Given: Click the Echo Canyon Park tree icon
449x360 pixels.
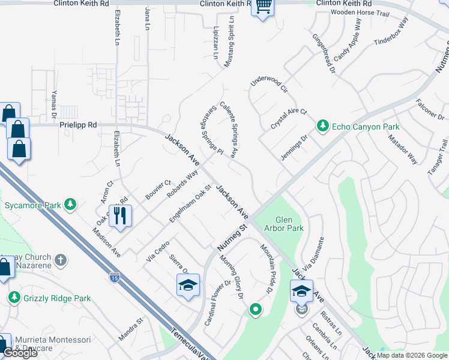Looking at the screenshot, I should (x=323, y=126).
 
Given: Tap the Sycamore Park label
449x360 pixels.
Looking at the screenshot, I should (x=32, y=205).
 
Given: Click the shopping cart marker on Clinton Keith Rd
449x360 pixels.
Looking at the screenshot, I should (x=263, y=7).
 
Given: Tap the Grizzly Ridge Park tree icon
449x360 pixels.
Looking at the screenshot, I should (x=14, y=298).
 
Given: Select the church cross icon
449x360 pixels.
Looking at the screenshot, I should (x=59, y=260).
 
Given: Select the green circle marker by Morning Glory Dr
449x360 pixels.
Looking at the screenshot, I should (x=256, y=310).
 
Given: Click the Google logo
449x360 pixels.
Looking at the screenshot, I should (x=20, y=353).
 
